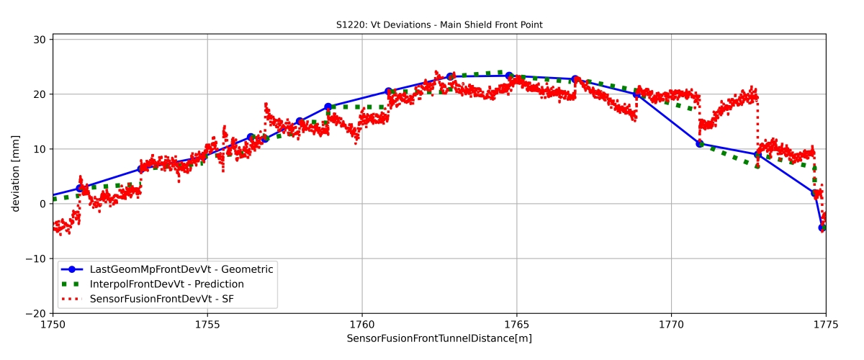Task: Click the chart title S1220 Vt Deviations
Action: coord(439,24)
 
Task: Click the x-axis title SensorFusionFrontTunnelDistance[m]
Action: coord(439,338)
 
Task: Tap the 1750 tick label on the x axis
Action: coord(53,324)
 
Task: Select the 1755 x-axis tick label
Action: coord(207,324)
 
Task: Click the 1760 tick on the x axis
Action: coord(362,324)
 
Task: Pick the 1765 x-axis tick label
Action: coord(516,324)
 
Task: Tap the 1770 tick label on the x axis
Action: coord(671,324)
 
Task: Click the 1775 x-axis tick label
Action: coord(825,324)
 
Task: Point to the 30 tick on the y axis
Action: coord(40,39)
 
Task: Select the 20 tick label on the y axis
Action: coord(40,94)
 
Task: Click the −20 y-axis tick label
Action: coord(36,314)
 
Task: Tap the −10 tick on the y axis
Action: coord(36,259)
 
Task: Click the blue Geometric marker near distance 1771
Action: coord(699,144)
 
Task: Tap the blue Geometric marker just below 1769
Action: coord(636,94)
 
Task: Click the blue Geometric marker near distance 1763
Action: coord(450,76)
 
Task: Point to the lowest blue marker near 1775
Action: coord(822,228)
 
